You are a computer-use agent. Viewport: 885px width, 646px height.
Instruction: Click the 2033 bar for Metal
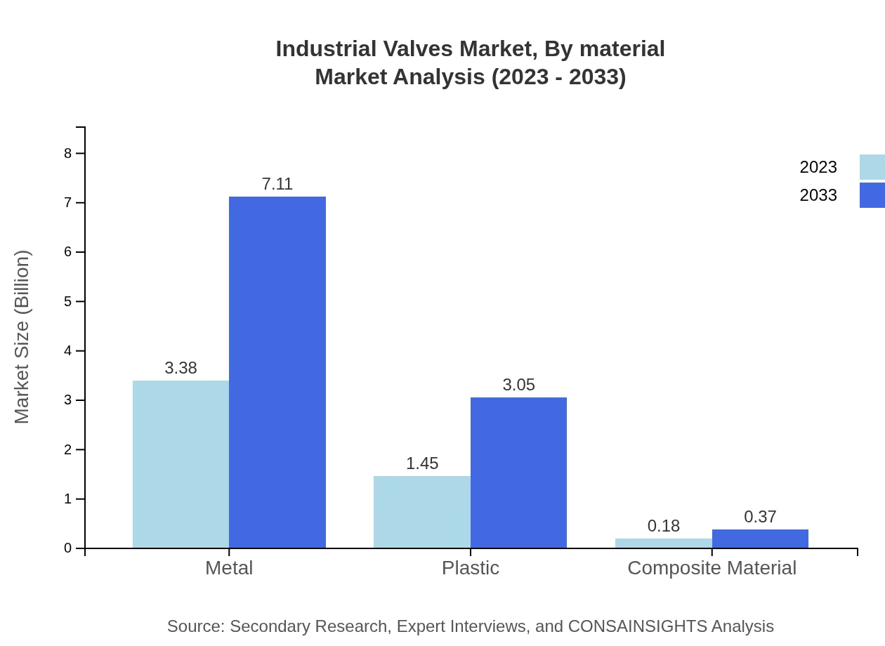tap(277, 372)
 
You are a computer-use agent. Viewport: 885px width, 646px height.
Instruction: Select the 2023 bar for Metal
tap(181, 464)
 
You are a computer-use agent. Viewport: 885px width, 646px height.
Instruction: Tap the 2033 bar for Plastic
tap(518, 473)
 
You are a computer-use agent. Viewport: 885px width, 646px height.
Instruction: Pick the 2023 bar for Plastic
tap(421, 512)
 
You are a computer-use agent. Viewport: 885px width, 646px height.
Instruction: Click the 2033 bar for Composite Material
tap(760, 539)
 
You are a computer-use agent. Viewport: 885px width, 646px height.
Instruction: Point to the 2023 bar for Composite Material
tap(663, 543)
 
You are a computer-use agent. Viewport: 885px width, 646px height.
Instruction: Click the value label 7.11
tap(277, 184)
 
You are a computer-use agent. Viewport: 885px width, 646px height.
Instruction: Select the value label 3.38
tap(181, 368)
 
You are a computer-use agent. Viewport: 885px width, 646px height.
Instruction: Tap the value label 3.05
tap(518, 385)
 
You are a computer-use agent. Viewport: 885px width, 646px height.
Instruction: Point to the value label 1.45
tap(422, 463)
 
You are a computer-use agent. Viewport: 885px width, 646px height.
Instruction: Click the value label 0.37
tap(760, 517)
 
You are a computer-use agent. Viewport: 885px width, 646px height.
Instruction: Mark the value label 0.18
tap(663, 526)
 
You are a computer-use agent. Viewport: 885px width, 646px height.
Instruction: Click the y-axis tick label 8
tap(68, 153)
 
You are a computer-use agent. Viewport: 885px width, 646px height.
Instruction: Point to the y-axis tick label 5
tap(68, 301)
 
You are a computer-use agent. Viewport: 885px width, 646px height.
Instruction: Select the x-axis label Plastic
tap(471, 568)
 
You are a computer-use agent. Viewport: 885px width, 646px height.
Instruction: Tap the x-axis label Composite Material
tap(712, 568)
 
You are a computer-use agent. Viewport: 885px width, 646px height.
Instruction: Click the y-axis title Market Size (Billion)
tap(22, 337)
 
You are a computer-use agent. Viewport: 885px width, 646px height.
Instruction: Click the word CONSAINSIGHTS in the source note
tap(636, 626)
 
